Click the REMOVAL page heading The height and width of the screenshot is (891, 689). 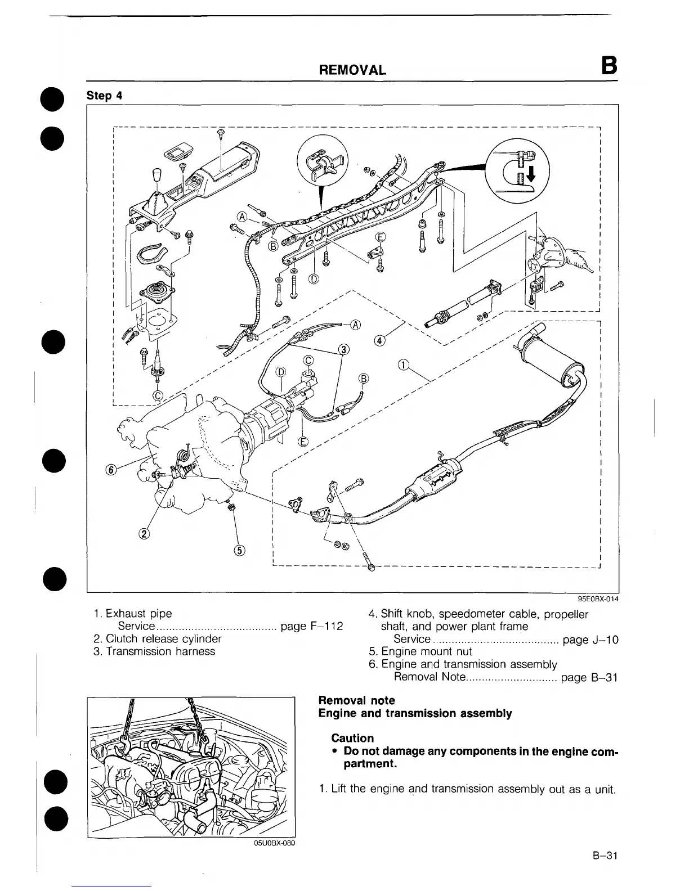pos(352,70)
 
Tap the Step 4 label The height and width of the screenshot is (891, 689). pos(104,95)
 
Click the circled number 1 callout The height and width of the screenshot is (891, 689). pos(404,364)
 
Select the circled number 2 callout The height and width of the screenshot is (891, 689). pos(144,534)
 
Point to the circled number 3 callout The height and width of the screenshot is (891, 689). pos(343,349)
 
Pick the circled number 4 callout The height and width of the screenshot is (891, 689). pos(381,340)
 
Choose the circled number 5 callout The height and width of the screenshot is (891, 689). pos(239,550)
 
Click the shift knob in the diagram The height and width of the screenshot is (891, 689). pos(158,174)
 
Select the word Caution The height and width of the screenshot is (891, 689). pos(352,738)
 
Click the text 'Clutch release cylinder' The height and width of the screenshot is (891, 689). pos(163,639)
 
